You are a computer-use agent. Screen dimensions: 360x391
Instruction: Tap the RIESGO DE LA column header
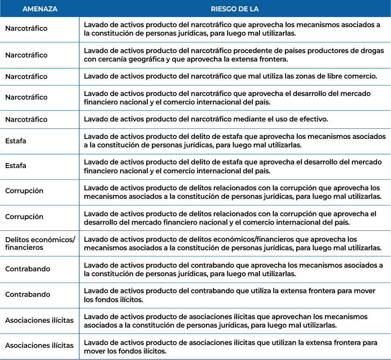pyautogui.click(x=235, y=9)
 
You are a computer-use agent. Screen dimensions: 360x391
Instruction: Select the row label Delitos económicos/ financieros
pyautogui.click(x=40, y=243)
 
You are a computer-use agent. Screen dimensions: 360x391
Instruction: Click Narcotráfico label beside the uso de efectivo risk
pyautogui.click(x=26, y=119)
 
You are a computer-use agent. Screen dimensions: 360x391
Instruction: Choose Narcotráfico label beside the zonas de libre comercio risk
pyautogui.click(x=26, y=77)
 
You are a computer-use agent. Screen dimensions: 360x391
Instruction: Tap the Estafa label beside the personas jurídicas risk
pyautogui.click(x=16, y=141)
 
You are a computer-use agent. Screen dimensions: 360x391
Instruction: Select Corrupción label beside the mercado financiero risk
pyautogui.click(x=24, y=216)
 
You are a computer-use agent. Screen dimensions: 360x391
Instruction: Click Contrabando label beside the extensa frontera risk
pyautogui.click(x=28, y=294)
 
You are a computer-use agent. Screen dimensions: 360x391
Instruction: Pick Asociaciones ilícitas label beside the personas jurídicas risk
pyautogui.click(x=39, y=320)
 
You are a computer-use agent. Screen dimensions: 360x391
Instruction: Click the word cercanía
pyautogui.click(x=107, y=60)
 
